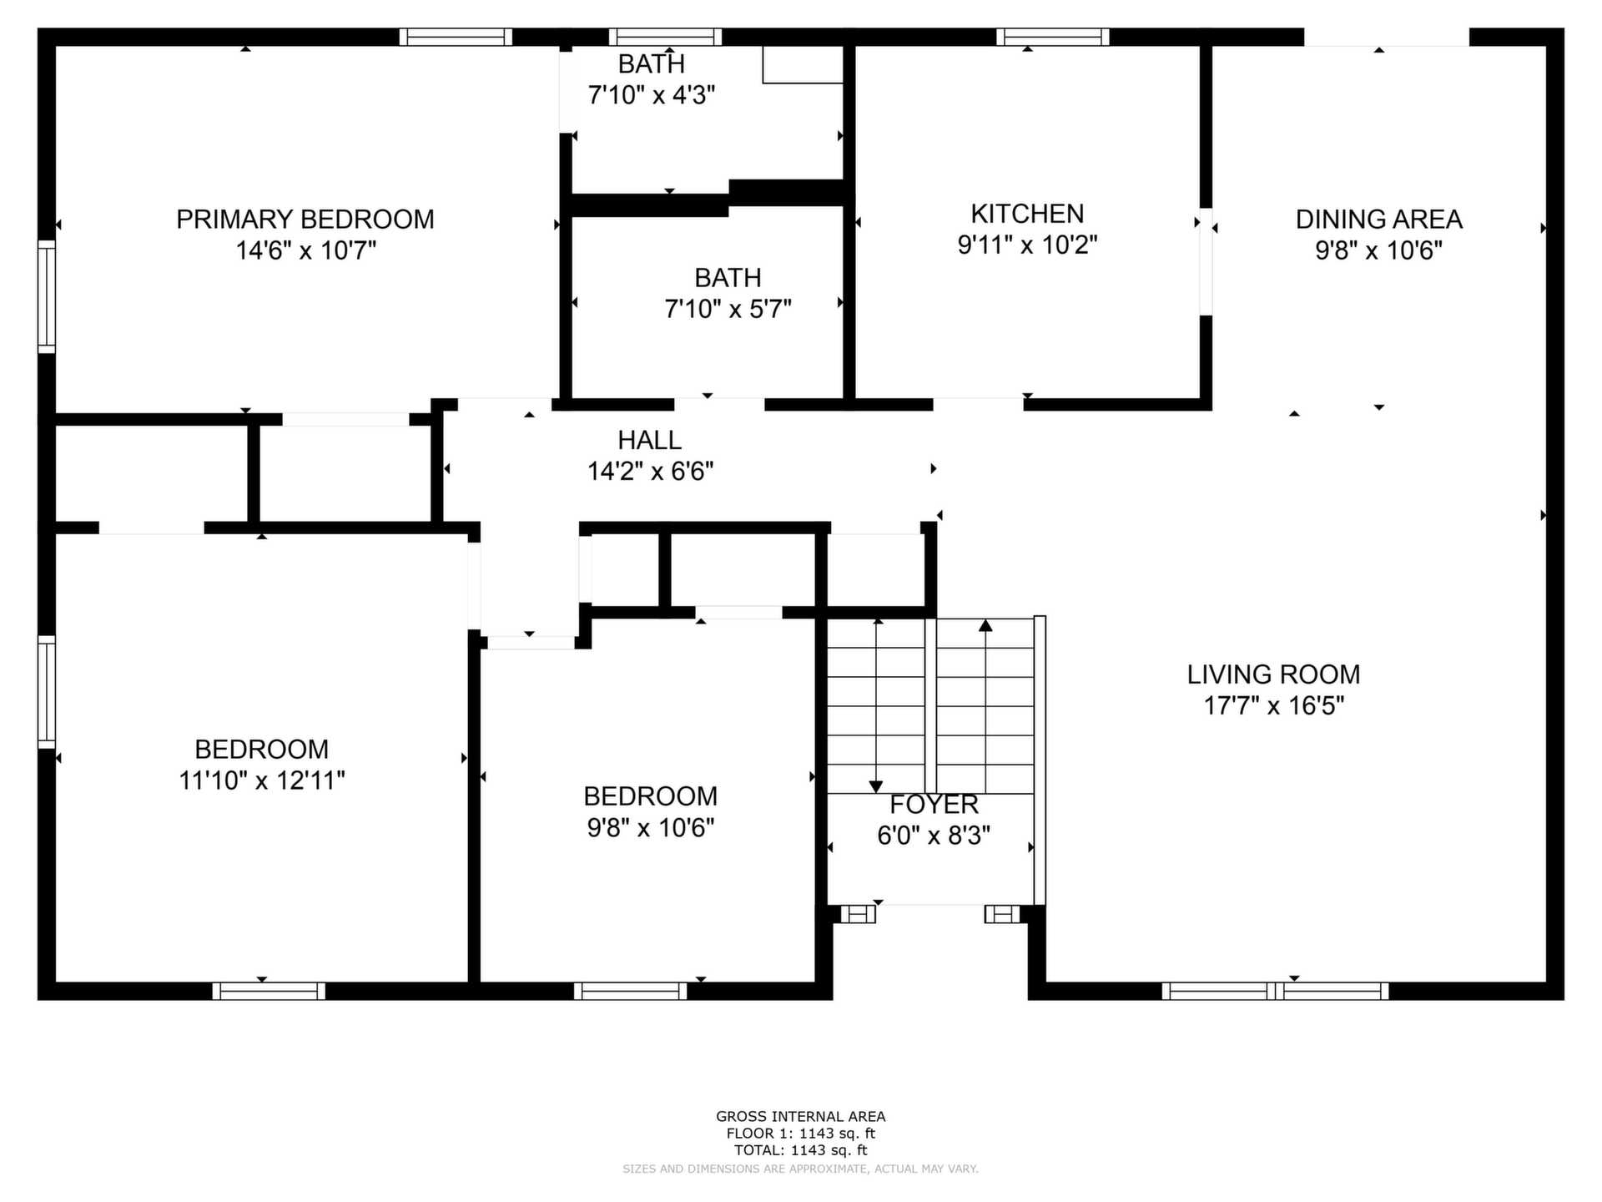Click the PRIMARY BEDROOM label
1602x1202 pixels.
[x=305, y=220]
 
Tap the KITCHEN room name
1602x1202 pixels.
[x=1027, y=214]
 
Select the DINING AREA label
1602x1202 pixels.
[x=1378, y=220]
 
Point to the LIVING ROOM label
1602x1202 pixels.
[x=1273, y=674]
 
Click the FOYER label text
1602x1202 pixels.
[x=934, y=805]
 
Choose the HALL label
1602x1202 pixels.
[x=649, y=440]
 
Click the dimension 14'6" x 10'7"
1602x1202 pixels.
[x=306, y=250]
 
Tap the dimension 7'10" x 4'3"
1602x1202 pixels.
[x=652, y=95]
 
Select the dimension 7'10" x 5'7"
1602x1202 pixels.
[x=728, y=310]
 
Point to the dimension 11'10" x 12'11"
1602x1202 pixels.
[x=262, y=780]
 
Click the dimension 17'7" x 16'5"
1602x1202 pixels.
[x=1273, y=706]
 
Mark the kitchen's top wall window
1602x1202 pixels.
[x=1053, y=37]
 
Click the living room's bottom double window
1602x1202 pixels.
[x=1275, y=991]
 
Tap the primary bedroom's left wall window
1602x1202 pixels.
[x=47, y=296]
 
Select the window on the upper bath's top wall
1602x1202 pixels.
[x=665, y=37]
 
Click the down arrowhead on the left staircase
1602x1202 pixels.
[x=875, y=786]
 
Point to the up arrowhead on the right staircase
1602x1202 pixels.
[x=985, y=624]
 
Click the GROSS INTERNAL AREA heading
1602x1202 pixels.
[x=800, y=1116]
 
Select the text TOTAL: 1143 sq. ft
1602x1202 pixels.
[x=800, y=1150]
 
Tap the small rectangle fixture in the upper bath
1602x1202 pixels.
[x=803, y=64]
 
